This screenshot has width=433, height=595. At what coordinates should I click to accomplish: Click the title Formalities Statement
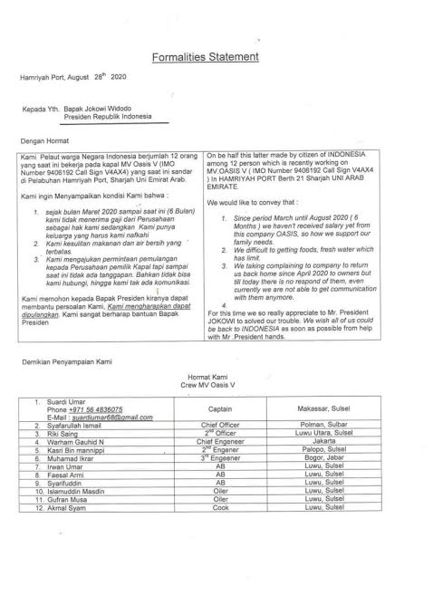pos(216,56)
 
